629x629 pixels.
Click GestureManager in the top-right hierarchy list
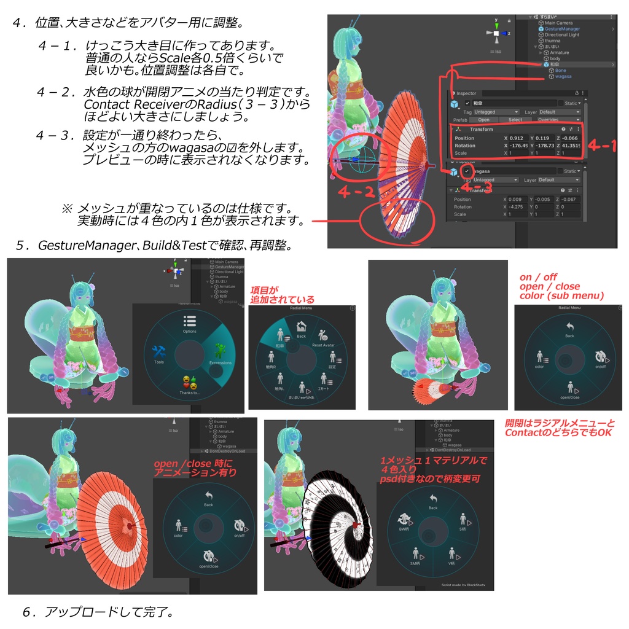(x=561, y=29)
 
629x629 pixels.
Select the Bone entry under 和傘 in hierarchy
(x=560, y=71)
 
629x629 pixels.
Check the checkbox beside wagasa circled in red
(x=468, y=171)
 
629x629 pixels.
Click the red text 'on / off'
(x=538, y=277)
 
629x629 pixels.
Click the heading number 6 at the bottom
(x=26, y=612)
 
